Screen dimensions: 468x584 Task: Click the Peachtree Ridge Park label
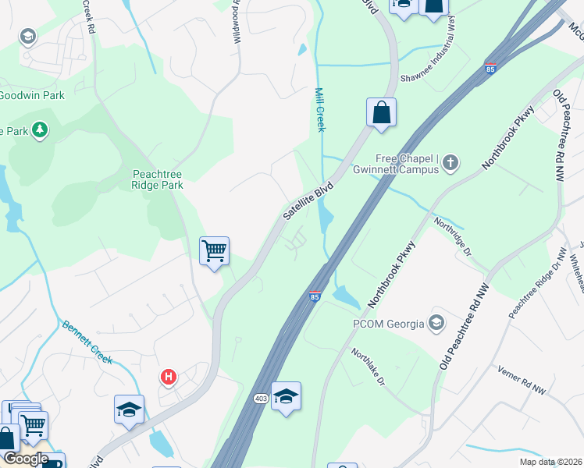pos(158,179)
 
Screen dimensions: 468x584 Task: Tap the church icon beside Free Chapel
pos(450,163)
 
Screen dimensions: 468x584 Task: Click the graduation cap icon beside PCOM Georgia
pos(436,323)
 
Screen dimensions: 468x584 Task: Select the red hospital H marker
pos(168,378)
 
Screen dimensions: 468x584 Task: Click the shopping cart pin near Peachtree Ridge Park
pos(214,251)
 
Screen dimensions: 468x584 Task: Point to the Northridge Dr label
pos(454,236)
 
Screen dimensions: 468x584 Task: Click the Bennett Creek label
pos(87,343)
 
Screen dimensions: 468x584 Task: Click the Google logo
pos(25,459)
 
